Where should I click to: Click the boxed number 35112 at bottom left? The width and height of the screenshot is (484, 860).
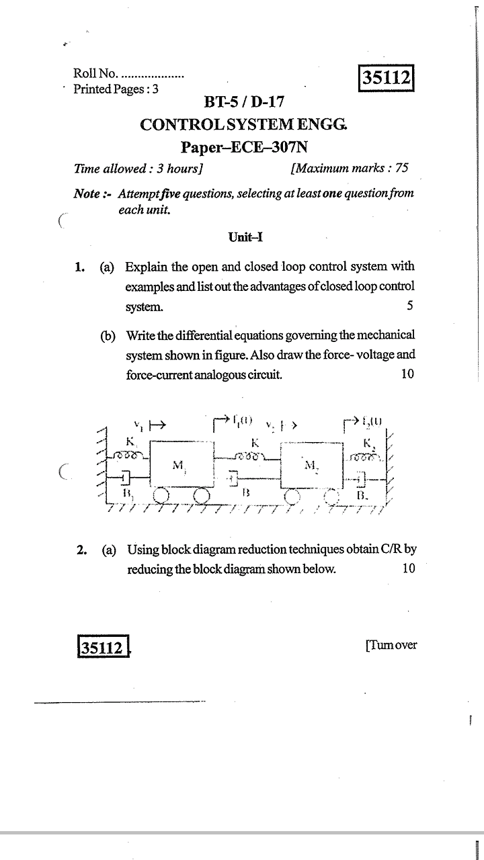click(x=102, y=648)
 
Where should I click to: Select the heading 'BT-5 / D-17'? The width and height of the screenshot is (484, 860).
click(x=244, y=103)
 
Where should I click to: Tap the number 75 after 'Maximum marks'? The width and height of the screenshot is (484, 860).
click(x=401, y=169)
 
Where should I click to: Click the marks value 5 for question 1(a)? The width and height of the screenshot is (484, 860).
click(x=409, y=306)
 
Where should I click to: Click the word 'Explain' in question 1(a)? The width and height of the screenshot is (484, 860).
click(x=148, y=267)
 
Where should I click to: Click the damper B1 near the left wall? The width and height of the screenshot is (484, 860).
click(x=125, y=478)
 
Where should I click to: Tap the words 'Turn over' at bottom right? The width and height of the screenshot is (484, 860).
click(x=391, y=645)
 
